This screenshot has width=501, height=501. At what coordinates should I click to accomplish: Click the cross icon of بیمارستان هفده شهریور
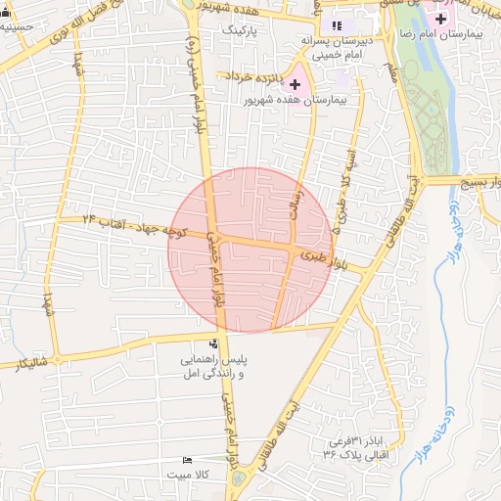pyautogui.click(x=295, y=85)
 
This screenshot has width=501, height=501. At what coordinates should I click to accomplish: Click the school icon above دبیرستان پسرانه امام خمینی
pyautogui.click(x=338, y=24)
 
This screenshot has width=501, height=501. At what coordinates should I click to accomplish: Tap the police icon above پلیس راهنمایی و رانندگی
pyautogui.click(x=213, y=343)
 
